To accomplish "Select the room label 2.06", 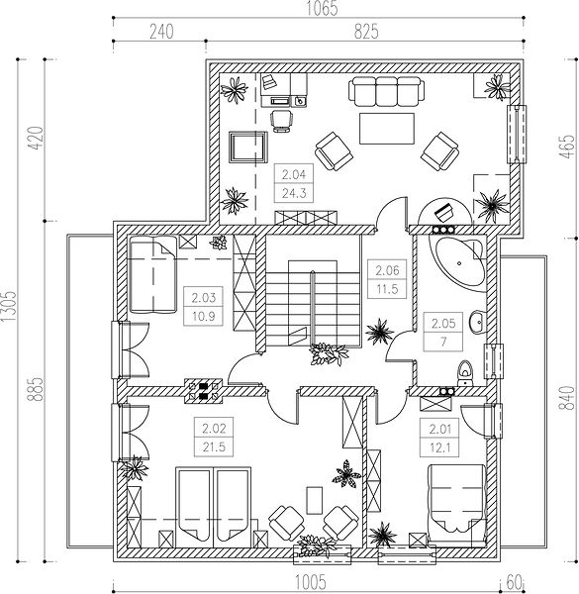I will (x=383, y=268).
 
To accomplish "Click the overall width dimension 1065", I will (x=320, y=10).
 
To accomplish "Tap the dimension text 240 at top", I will (x=161, y=32).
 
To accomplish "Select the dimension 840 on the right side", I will (x=567, y=396).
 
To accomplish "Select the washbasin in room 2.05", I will (x=477, y=322).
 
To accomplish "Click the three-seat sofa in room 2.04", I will (x=383, y=93).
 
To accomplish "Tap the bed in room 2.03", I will (x=150, y=273).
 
